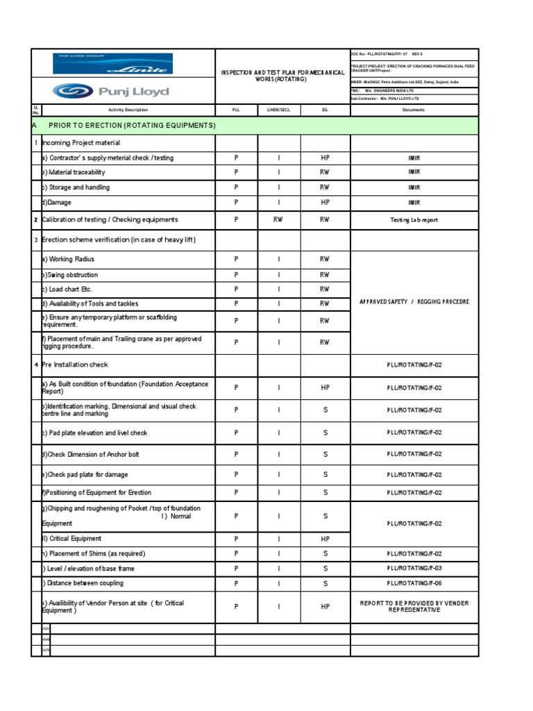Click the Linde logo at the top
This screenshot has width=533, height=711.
click(x=113, y=64)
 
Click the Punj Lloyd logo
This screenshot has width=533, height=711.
click(x=111, y=92)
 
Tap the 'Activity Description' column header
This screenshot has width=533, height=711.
click(x=128, y=110)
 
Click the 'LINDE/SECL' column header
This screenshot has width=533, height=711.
click(x=279, y=110)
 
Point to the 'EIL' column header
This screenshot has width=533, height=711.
click(x=325, y=110)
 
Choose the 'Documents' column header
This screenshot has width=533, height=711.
click(x=414, y=110)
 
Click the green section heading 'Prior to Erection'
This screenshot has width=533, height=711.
click(x=132, y=125)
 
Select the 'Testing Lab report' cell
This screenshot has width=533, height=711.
click(x=414, y=219)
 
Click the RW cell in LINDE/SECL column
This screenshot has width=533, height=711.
click(x=279, y=219)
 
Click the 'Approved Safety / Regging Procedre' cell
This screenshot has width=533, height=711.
click(x=414, y=302)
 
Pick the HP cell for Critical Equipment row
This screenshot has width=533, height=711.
click(x=325, y=539)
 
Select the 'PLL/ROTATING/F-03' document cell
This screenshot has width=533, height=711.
click(x=414, y=568)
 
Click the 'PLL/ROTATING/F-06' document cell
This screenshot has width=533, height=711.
click(x=414, y=583)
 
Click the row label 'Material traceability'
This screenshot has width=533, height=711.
click(x=76, y=172)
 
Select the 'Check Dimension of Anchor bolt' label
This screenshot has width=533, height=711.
click(x=93, y=454)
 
